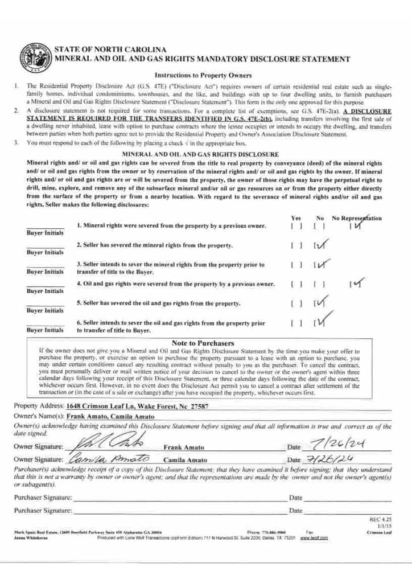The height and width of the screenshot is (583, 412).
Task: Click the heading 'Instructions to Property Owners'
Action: coord(203,75)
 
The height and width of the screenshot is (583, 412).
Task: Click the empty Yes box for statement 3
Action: coord(295,265)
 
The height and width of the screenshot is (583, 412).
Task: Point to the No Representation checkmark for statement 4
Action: coord(357,283)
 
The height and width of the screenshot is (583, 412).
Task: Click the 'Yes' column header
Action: coord(295,218)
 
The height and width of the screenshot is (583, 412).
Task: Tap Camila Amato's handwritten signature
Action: coord(109,459)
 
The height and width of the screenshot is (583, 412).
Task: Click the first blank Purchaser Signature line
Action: coord(179,498)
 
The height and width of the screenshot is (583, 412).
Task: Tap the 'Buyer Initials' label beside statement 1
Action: coord(45,233)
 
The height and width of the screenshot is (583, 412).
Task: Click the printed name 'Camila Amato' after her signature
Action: coord(185,460)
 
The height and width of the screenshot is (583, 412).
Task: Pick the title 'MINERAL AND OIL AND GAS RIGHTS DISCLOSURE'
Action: coord(201,154)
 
